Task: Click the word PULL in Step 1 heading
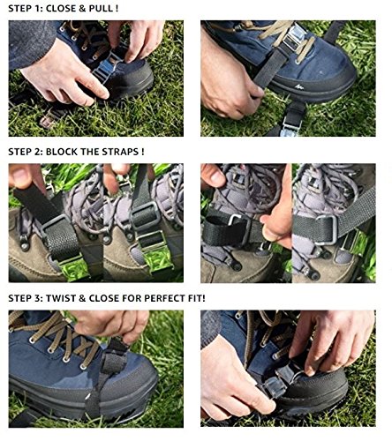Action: click(101, 8)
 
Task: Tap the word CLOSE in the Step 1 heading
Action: click(61, 8)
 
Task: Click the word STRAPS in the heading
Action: click(120, 152)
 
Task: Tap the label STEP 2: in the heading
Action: click(26, 152)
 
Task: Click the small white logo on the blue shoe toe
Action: click(298, 86)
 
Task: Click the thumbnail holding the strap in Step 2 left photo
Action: click(19, 176)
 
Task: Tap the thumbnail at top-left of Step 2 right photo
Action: click(216, 176)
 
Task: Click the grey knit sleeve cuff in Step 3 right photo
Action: click(211, 326)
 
